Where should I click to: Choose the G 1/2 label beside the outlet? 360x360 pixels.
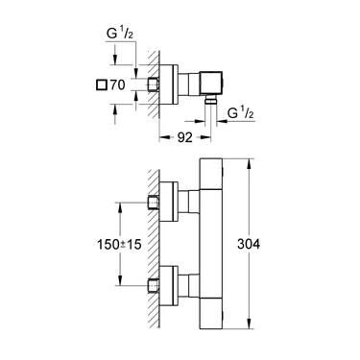(x=242, y=117)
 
